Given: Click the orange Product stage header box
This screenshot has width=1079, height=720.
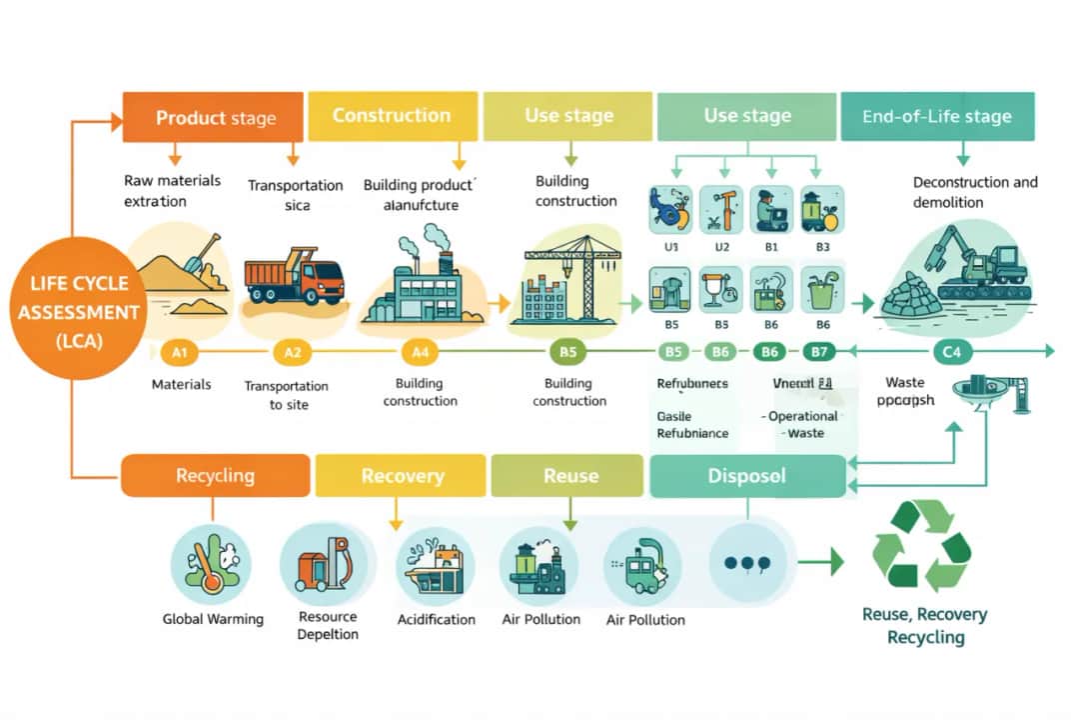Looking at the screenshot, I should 213,117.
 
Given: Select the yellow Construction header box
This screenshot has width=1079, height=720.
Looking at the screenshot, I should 391,116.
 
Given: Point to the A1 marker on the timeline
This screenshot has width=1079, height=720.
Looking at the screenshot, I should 179,352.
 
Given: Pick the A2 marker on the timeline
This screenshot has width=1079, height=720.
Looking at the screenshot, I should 292,352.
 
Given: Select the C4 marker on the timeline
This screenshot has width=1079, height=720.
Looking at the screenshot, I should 951,351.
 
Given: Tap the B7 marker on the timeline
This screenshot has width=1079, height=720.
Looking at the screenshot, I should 819,351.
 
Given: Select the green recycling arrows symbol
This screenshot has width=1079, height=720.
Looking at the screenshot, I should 921,546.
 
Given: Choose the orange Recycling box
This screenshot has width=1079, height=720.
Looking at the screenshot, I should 215,475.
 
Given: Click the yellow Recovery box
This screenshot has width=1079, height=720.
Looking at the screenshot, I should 402,476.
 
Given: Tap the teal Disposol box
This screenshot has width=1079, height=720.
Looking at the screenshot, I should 746,476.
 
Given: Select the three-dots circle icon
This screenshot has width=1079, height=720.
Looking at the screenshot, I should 746,562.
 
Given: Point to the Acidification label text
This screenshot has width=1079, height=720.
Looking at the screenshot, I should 437,619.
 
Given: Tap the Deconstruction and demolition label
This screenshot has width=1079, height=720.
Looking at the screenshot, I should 975,192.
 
